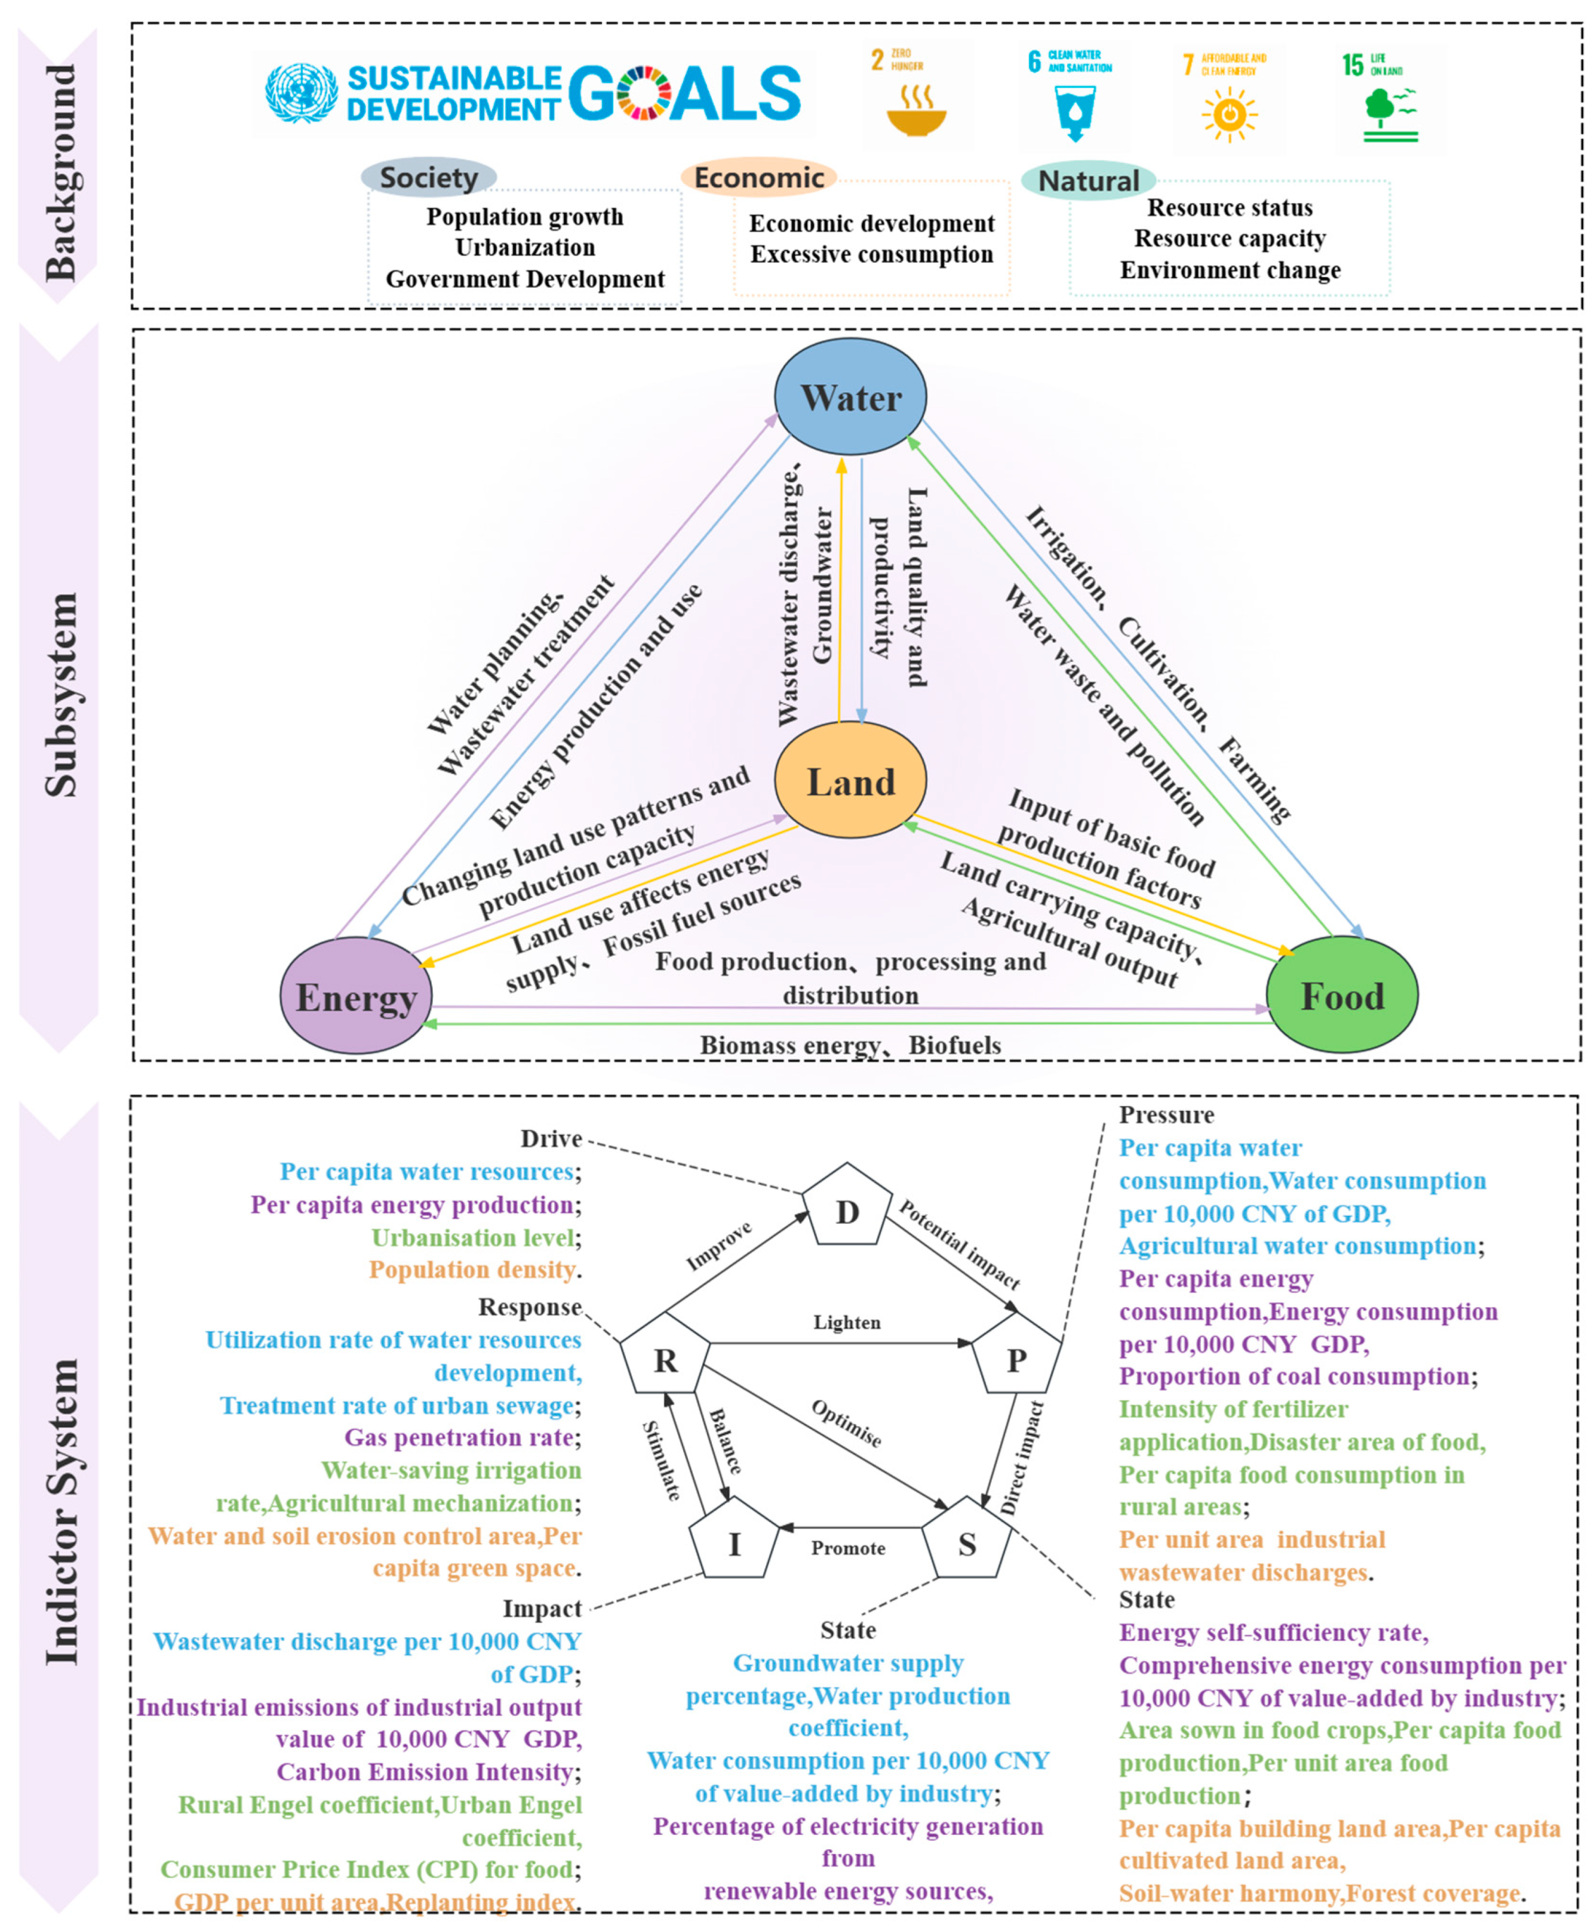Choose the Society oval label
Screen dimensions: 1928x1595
[429, 177]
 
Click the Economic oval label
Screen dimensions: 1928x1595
[758, 177]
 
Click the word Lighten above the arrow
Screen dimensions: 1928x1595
[847, 1322]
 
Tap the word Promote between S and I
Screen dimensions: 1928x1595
[847, 1548]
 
